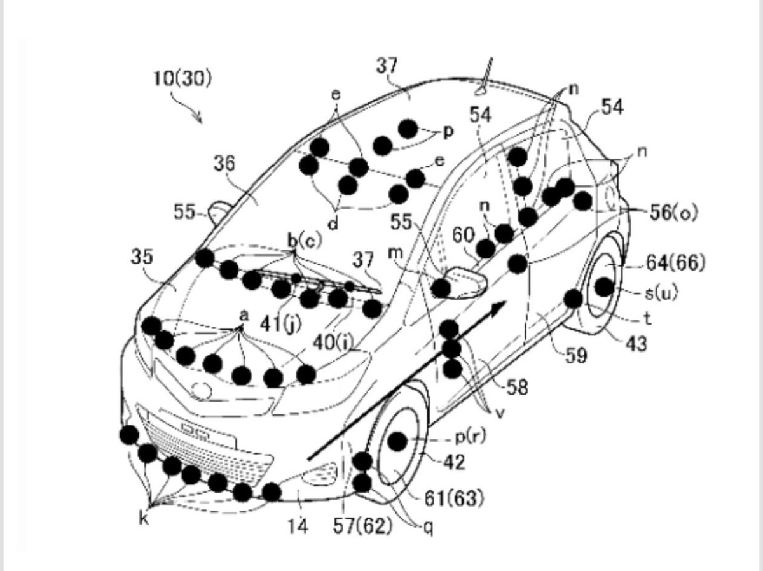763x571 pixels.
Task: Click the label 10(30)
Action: click(182, 79)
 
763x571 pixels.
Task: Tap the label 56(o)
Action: click(673, 213)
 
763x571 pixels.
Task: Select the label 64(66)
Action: click(676, 263)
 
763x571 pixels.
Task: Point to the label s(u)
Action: click(661, 293)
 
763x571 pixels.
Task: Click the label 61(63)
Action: click(454, 498)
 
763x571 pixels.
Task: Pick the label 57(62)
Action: click(362, 526)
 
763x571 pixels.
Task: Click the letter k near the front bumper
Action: click(144, 519)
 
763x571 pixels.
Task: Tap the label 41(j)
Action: click(281, 324)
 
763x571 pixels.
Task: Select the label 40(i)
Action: click(333, 343)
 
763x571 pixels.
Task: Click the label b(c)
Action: click(305, 241)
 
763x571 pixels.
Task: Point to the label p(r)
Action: click(470, 437)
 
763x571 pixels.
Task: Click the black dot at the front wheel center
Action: click(397, 441)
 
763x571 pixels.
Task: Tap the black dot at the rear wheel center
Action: click(605, 287)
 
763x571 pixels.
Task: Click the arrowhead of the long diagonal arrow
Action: click(498, 308)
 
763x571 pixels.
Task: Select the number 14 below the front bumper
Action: click(298, 526)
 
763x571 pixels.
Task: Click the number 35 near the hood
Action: click(142, 257)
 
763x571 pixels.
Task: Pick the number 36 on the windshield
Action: click(224, 163)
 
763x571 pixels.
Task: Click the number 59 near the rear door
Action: click(576, 356)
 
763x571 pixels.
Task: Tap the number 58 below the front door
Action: click(517, 387)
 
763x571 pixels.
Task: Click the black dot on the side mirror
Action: click(441, 288)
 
